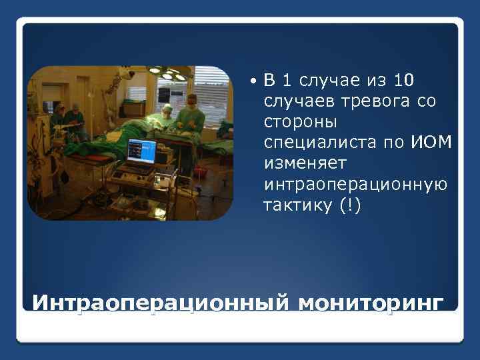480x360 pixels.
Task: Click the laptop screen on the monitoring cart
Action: point(141,152)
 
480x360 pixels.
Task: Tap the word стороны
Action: point(301,122)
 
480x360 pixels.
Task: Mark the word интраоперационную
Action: point(356,184)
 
